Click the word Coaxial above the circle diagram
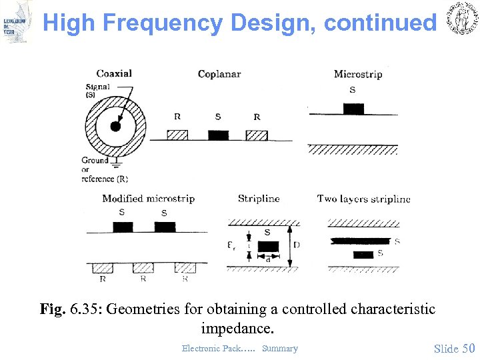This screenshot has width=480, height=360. coord(114,73)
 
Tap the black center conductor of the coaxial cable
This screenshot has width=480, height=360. coord(115,127)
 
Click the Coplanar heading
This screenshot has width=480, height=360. coord(219,73)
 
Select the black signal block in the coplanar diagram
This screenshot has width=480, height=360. coord(218,135)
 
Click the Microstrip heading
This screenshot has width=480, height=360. coord(358,73)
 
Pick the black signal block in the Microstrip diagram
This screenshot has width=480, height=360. coord(353,109)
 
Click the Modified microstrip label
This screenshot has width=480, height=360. coord(148,198)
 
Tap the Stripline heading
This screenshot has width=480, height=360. coord(259,198)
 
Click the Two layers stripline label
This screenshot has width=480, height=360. coord(363,198)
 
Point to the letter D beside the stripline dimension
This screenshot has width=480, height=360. coord(297,245)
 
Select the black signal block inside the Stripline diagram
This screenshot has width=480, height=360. coord(268,247)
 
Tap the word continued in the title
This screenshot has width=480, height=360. coord(379,23)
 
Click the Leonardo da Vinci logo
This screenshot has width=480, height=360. coord(16,21)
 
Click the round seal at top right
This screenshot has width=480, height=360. coord(460,20)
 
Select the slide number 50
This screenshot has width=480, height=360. coord(469,348)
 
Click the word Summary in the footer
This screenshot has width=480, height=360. coord(280,348)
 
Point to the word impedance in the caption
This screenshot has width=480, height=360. coord(237,329)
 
